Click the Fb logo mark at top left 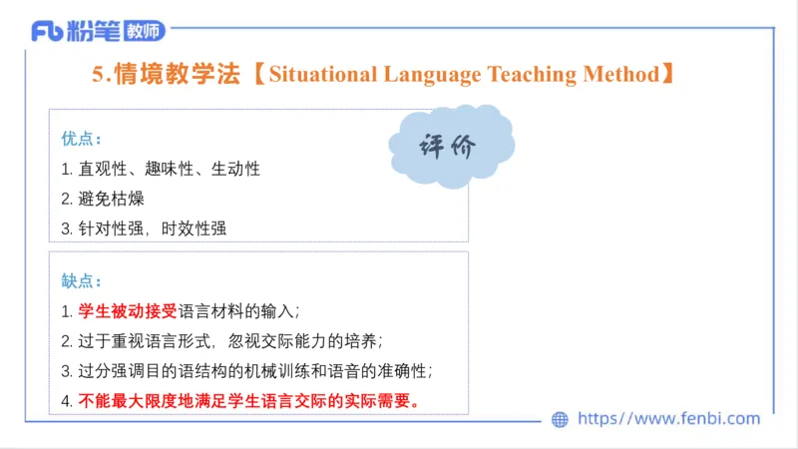[48, 32]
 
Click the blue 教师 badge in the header [146, 32]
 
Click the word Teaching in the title [530, 74]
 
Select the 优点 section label [82, 138]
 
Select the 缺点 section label [82, 281]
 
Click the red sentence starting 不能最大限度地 [249, 401]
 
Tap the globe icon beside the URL [560, 420]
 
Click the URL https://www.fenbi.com [668, 419]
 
